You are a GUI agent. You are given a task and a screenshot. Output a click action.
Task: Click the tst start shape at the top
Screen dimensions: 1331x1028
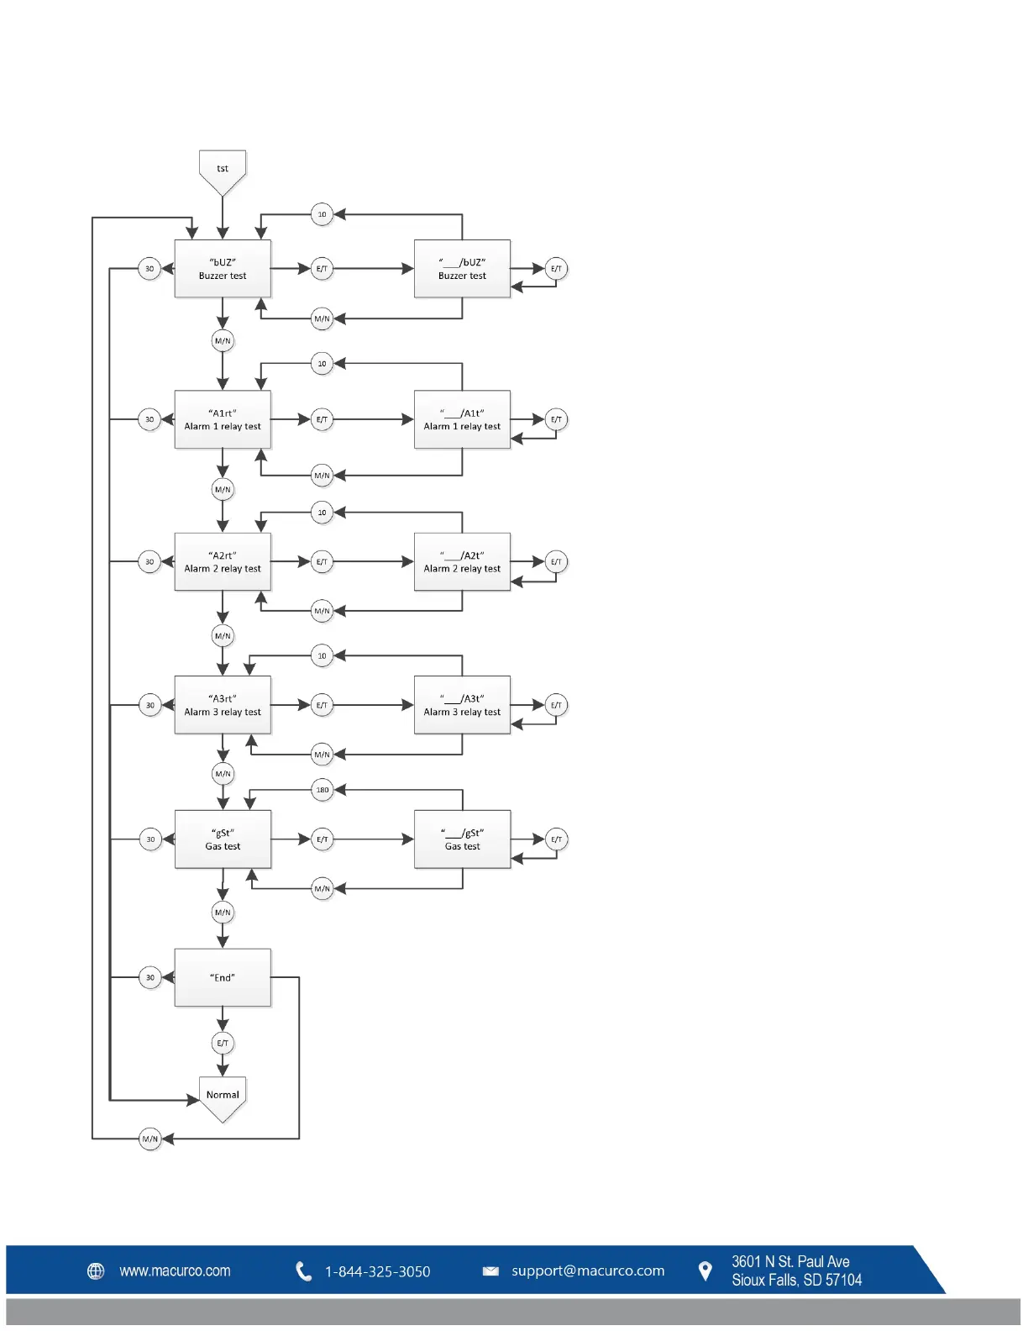tap(223, 171)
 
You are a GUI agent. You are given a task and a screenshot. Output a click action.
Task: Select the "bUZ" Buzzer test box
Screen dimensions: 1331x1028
tap(223, 269)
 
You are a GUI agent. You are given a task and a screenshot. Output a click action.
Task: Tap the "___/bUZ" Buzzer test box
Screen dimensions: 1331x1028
tap(462, 269)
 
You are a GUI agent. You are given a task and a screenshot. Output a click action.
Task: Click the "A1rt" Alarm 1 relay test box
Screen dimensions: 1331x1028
tap(223, 419)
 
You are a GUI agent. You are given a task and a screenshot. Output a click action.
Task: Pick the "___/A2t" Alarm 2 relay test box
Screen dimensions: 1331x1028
tap(462, 561)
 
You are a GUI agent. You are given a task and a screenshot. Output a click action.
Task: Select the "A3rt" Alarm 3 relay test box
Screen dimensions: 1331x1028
tap(223, 705)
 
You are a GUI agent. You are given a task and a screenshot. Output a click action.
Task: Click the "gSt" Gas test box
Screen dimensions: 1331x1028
tap(223, 839)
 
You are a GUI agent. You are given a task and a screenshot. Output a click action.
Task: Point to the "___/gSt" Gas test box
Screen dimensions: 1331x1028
tap(462, 839)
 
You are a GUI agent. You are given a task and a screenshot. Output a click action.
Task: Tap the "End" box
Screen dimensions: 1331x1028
tap(223, 977)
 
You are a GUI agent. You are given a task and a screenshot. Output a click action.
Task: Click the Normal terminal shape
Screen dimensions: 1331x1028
tap(223, 1097)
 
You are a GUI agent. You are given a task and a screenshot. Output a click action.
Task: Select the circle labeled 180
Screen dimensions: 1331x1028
tap(323, 790)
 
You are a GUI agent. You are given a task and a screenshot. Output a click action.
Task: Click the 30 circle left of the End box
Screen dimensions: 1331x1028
tap(150, 977)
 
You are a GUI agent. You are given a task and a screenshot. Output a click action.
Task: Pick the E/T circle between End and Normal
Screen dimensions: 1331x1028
tap(223, 1044)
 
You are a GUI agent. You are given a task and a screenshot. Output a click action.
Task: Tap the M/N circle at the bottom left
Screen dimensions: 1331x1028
tap(150, 1139)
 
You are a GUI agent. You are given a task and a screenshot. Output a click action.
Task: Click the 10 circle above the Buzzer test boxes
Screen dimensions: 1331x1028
tap(322, 214)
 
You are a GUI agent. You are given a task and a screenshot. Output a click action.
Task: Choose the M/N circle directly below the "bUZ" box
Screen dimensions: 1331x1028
tap(223, 341)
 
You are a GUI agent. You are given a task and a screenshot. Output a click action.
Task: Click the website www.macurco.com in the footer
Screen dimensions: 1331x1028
tap(175, 1271)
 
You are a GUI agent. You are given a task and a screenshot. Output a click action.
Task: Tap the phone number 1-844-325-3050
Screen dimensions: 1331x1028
tap(377, 1272)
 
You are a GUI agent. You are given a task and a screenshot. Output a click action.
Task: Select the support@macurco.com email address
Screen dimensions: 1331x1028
tap(588, 1271)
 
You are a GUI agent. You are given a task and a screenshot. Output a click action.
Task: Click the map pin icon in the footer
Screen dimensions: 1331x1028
tap(705, 1271)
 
